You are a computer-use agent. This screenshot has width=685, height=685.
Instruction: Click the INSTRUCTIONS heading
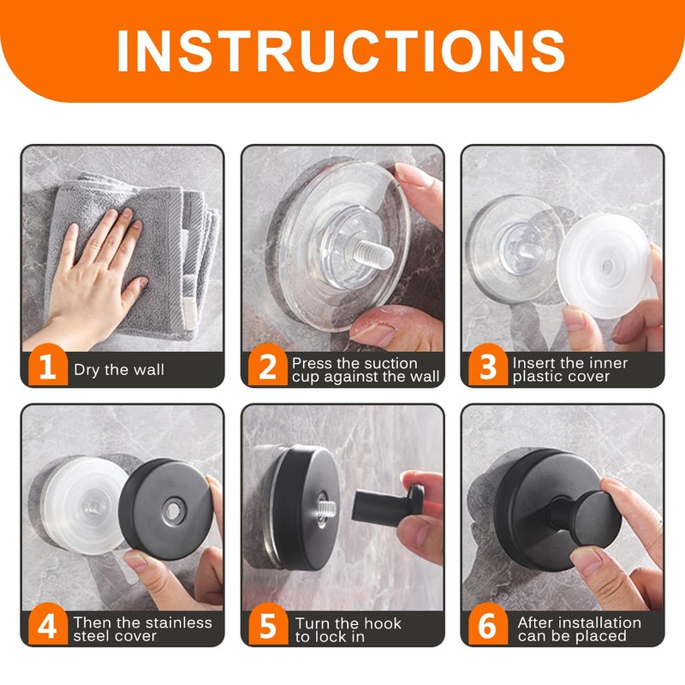coord(341,51)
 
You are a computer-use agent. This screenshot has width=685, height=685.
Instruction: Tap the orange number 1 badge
coord(48,366)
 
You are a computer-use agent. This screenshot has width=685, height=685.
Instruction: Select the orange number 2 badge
coord(268,366)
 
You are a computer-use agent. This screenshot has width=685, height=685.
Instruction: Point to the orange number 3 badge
coord(488,366)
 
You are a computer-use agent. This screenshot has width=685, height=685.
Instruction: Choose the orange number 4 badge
coord(48,625)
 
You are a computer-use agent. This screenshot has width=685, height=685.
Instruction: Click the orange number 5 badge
coord(268,625)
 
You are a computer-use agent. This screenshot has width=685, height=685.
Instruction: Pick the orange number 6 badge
coord(488,625)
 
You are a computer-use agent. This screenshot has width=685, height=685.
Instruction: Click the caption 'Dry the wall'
coord(119,370)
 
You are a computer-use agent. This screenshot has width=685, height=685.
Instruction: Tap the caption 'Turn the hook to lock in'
coord(348,629)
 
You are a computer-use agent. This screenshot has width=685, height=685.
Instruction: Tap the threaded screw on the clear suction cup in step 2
coord(372,255)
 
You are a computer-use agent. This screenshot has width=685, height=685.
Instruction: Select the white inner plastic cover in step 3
coord(605,265)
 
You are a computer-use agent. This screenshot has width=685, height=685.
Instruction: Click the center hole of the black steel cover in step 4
coord(174,509)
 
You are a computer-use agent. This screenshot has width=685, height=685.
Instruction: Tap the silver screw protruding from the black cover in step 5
coord(326,508)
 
